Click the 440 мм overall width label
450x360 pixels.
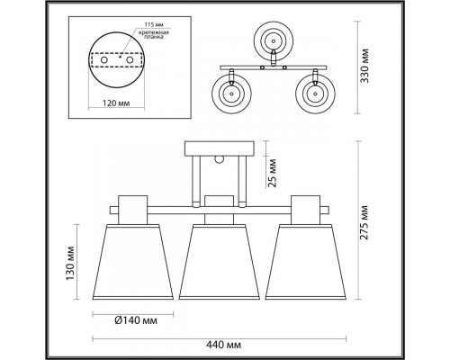click(x=223, y=345)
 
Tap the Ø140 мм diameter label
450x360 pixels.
click(x=136, y=320)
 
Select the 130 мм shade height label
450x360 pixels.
click(x=70, y=263)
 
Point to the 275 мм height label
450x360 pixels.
click(x=364, y=222)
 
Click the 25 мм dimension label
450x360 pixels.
click(x=273, y=174)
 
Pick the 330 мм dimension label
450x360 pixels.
click(x=364, y=66)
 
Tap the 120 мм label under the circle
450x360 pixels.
click(x=116, y=103)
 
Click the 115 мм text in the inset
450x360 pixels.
click(x=154, y=24)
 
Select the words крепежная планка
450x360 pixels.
click(x=154, y=35)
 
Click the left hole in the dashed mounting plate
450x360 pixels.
click(x=104, y=60)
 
